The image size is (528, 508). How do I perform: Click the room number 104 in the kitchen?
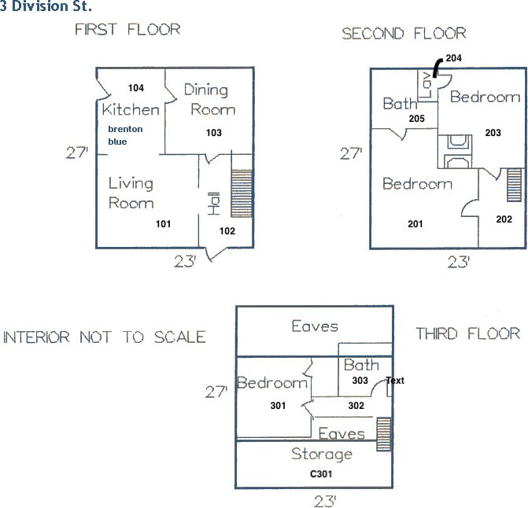click(135, 88)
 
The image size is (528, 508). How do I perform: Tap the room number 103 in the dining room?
click(213, 133)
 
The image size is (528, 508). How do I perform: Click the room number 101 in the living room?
click(163, 224)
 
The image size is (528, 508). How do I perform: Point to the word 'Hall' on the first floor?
click(212, 204)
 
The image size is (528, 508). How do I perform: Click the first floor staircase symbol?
click(241, 193)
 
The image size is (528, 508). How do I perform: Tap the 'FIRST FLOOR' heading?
click(127, 30)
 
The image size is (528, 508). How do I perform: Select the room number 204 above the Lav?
click(454, 58)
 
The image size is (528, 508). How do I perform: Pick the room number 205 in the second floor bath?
click(417, 119)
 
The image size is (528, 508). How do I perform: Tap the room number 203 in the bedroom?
click(493, 133)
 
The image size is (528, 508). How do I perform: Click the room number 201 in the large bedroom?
click(415, 224)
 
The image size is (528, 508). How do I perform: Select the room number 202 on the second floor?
click(504, 219)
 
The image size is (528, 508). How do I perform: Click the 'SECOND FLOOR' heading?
click(404, 34)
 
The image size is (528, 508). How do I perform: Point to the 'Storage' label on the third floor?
click(322, 454)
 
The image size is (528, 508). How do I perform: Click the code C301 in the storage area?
click(322, 475)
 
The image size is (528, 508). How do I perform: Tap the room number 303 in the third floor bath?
click(360, 381)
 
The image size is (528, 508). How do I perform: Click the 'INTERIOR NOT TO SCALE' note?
click(105, 337)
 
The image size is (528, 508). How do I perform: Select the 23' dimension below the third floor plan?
click(324, 500)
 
